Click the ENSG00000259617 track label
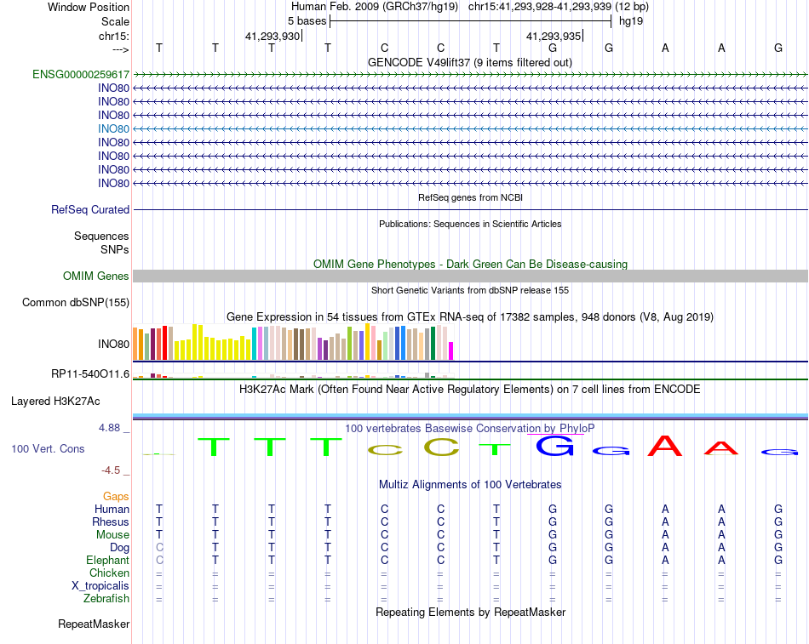click(81, 74)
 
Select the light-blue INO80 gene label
click(113, 129)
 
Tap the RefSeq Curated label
click(90, 210)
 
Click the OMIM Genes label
click(96, 276)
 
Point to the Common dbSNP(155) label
click(76, 303)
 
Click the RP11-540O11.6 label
click(90, 373)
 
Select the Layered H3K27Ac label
click(55, 402)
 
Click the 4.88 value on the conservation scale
click(109, 427)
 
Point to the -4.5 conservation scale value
click(111, 470)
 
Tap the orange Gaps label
click(116, 497)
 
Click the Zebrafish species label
click(106, 599)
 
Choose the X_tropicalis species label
click(100, 586)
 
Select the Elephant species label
click(108, 560)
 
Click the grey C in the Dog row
click(159, 548)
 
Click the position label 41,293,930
click(273, 36)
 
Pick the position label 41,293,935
click(554, 36)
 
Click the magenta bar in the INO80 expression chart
click(451, 350)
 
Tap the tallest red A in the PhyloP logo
click(665, 446)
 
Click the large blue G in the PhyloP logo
click(554, 446)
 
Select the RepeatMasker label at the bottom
click(94, 624)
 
